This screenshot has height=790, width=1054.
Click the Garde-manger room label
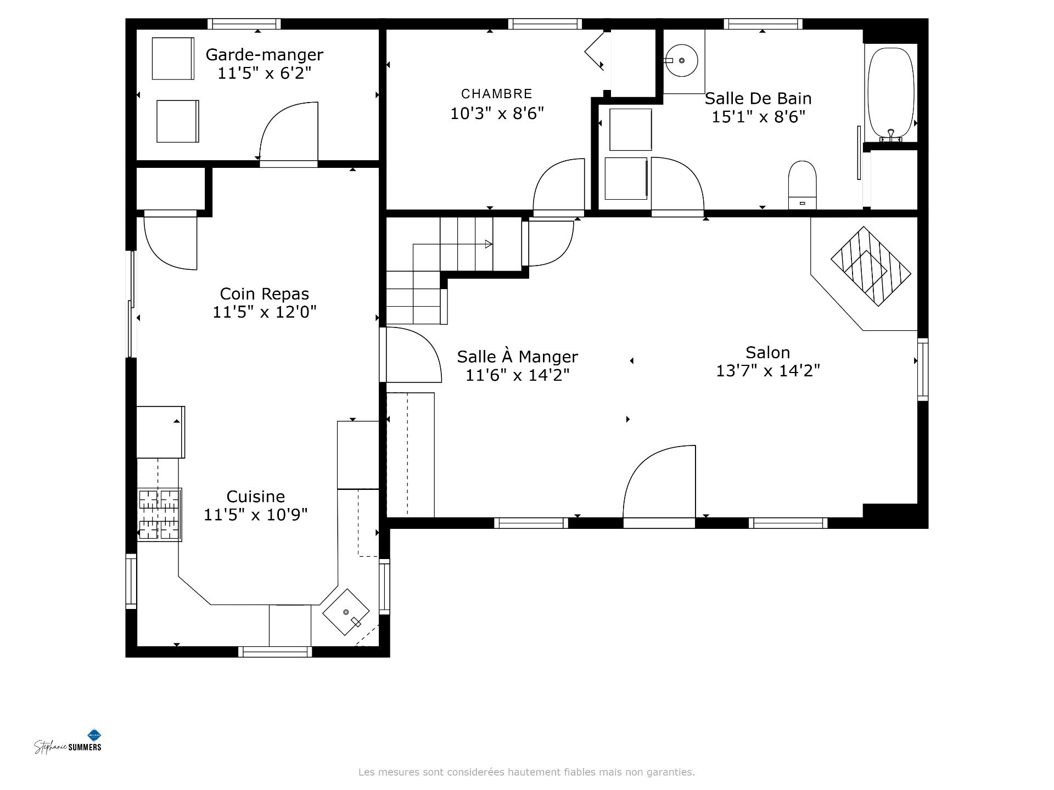tap(264, 55)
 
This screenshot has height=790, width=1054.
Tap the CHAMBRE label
tap(497, 94)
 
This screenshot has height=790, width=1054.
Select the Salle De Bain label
tap(758, 99)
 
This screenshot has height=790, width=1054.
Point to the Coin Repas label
tap(264, 294)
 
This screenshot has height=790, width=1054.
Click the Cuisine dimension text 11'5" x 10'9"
tap(255, 515)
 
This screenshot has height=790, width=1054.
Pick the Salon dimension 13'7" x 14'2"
tap(767, 371)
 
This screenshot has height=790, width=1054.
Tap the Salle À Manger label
tap(517, 357)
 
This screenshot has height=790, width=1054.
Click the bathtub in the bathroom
tap(890, 93)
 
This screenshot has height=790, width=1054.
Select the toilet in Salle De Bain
tap(802, 185)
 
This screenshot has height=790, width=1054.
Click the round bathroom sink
tap(681, 60)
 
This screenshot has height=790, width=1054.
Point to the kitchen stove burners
tap(159, 515)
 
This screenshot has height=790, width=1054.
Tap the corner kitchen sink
tap(346, 612)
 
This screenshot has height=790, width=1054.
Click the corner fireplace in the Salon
tap(871, 266)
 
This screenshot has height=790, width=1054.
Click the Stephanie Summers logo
tap(68, 742)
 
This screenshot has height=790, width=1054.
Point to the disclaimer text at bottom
tap(526, 772)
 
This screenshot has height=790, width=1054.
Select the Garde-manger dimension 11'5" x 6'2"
tap(264, 73)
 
